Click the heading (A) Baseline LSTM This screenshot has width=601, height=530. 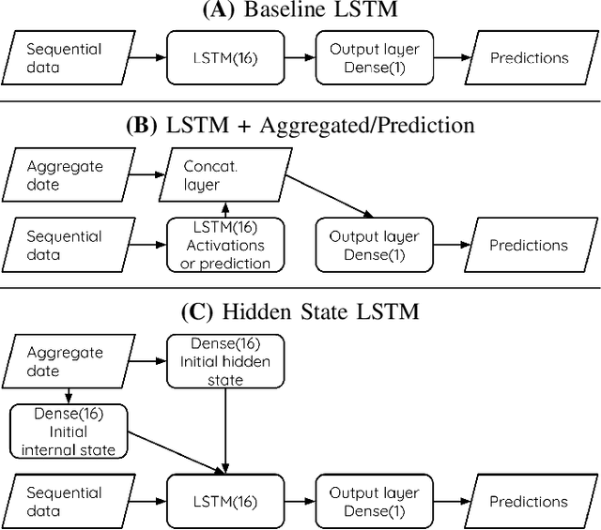(300, 12)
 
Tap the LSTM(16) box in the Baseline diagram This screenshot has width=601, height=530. (224, 58)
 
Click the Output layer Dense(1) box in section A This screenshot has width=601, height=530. (375, 58)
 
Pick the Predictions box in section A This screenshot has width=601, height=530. (529, 58)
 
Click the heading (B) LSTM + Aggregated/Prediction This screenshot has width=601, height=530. (300, 125)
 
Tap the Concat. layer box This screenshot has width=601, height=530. (224, 176)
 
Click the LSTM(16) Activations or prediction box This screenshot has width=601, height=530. (224, 246)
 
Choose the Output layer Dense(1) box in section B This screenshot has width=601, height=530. (375, 246)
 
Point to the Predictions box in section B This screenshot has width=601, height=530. (529, 246)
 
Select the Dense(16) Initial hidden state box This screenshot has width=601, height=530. (224, 362)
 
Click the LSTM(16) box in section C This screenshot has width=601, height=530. (224, 501)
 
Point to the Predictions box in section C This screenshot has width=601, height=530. (529, 501)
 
